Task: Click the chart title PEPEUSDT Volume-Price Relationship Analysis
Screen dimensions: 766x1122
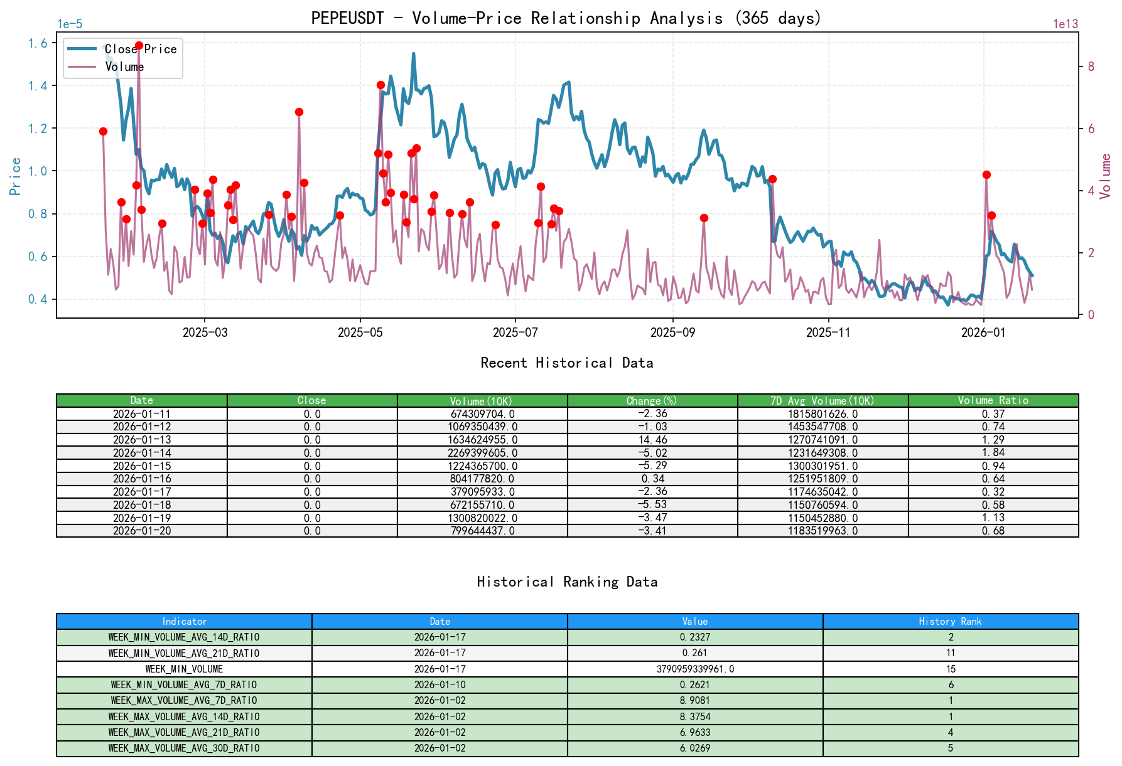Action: [x=566, y=18]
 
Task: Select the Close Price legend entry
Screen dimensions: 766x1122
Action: [x=140, y=49]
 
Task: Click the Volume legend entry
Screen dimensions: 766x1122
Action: [x=124, y=66]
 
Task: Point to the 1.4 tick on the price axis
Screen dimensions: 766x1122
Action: [x=38, y=86]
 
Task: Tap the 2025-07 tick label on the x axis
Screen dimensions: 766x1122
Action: [x=515, y=332]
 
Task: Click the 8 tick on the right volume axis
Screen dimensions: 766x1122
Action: [x=1091, y=66]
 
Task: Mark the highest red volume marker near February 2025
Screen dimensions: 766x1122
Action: [x=139, y=46]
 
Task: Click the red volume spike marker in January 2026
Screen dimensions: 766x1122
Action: [x=986, y=175]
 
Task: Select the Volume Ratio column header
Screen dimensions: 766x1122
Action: [x=993, y=400]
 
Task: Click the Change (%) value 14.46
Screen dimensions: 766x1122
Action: [x=652, y=440]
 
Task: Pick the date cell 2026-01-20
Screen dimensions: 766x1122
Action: [x=142, y=531]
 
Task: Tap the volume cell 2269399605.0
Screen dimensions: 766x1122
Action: [x=482, y=453]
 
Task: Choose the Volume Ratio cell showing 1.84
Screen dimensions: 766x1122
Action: [x=993, y=453]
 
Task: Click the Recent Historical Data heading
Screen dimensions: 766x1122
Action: [x=566, y=363]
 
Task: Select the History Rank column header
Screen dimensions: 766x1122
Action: [x=950, y=621]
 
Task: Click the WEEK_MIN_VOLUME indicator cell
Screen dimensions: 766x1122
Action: [x=184, y=669]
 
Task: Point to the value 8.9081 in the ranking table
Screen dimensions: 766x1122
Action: [x=695, y=701]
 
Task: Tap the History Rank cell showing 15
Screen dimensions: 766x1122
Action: [x=950, y=669]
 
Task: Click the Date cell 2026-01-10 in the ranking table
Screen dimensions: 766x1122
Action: [x=440, y=685]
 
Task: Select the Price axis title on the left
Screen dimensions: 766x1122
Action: [x=16, y=176]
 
